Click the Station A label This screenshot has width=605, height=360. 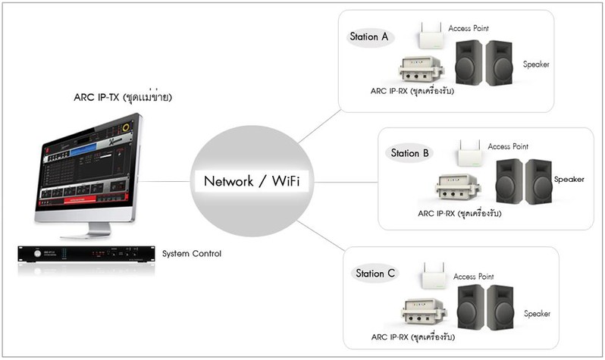(368, 36)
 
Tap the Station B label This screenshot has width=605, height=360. (409, 153)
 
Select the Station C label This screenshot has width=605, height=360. (375, 273)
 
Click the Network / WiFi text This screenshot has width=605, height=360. (252, 181)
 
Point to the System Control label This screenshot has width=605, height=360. (192, 253)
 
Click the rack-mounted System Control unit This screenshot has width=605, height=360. (86, 254)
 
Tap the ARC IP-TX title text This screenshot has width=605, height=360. (123, 97)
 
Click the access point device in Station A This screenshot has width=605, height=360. (431, 36)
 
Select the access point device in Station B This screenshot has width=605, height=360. (469, 154)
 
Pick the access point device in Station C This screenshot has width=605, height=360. (434, 276)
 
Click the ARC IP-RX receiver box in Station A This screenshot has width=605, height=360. (421, 69)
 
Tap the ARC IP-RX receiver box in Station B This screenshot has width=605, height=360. (458, 186)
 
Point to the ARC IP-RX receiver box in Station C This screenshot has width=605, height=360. (424, 311)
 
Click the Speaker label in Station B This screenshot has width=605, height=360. (569, 180)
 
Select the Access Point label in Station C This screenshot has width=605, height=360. (473, 277)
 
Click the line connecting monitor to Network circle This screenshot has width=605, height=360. (165, 181)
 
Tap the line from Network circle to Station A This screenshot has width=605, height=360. (319, 127)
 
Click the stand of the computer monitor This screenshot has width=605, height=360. (88, 230)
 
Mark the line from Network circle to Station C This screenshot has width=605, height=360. (320, 236)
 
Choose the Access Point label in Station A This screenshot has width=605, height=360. (469, 28)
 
